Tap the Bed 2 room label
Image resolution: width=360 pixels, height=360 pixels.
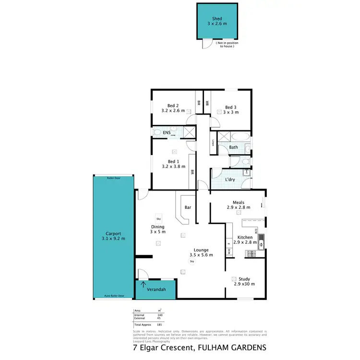(x=173, y=106)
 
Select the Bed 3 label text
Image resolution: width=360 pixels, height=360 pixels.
(x=230, y=108)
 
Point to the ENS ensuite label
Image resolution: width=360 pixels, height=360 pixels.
(x=167, y=132)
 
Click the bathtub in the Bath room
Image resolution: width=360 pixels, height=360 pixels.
(x=234, y=136)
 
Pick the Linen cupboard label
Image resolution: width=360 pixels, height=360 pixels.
(x=213, y=143)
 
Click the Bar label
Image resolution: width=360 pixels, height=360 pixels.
(x=188, y=208)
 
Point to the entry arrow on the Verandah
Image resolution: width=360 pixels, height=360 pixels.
(x=143, y=285)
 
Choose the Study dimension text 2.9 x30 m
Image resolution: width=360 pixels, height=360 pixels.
(x=244, y=284)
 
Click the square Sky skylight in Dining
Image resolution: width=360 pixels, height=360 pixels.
(x=158, y=218)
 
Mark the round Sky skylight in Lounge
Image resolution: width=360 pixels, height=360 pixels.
(x=192, y=262)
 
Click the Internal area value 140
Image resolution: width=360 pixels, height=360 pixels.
(x=160, y=315)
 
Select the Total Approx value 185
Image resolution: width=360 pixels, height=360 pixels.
(x=160, y=325)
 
